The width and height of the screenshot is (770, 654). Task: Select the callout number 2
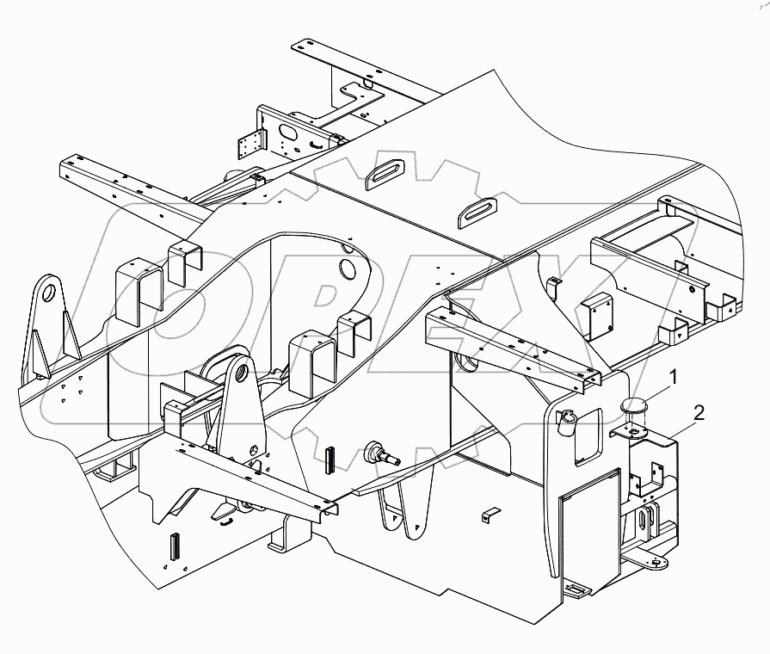pyautogui.click(x=699, y=413)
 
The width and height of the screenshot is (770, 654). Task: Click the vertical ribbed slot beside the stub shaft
pyautogui.click(x=330, y=460)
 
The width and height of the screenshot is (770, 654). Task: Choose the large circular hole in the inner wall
pyautogui.click(x=348, y=269)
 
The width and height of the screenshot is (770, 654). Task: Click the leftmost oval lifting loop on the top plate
pyautogui.click(x=379, y=176)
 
